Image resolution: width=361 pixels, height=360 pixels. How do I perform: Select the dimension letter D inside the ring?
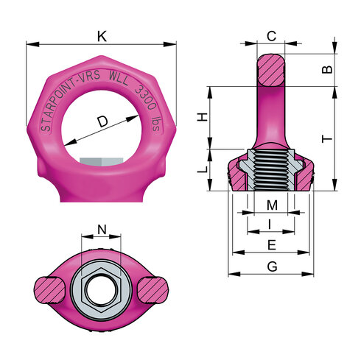pyautogui.click(x=102, y=119)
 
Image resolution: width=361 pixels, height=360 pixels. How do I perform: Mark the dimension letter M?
pyautogui.click(x=271, y=204)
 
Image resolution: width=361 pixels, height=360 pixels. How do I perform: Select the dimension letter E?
pyautogui.click(x=271, y=244)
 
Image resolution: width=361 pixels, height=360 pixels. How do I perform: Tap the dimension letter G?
pyautogui.click(x=271, y=266)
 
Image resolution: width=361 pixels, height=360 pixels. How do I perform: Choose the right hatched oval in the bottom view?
pyautogui.click(x=150, y=289)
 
